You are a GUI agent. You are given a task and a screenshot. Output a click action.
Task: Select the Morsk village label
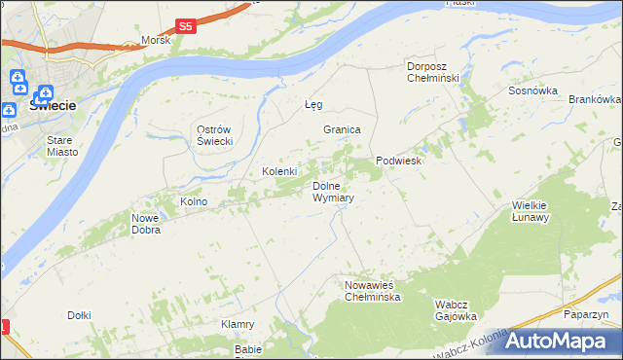point(156,40)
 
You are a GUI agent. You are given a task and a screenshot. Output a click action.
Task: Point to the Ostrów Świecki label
point(213,136)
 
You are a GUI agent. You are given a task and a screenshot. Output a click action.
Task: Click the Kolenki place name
point(279,171)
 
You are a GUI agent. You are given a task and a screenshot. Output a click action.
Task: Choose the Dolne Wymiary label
point(332,192)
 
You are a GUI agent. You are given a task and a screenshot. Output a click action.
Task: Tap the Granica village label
point(343,129)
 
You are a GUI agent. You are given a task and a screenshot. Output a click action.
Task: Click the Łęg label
point(312,104)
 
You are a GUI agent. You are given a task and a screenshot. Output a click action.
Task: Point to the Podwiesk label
point(398,161)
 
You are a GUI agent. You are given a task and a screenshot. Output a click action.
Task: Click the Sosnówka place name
point(532,90)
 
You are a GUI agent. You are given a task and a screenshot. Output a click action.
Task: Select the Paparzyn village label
point(585,315)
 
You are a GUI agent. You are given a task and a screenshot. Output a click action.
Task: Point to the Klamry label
point(238,324)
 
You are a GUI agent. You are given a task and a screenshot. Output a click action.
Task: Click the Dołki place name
point(79,315)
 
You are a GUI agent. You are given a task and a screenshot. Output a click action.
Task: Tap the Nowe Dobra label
point(146,224)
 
